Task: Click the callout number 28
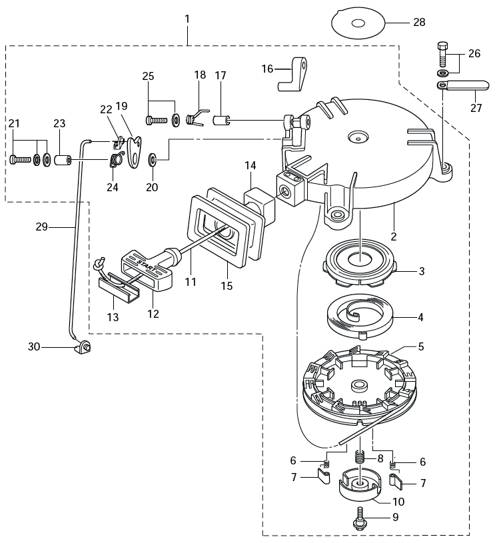coord(418,23)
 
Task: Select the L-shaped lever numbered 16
coord(293,75)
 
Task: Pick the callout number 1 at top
coord(187,18)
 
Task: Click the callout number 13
coord(113,318)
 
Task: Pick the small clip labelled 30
coord(85,346)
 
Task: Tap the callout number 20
coord(152,187)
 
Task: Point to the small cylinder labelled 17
coord(221,121)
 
